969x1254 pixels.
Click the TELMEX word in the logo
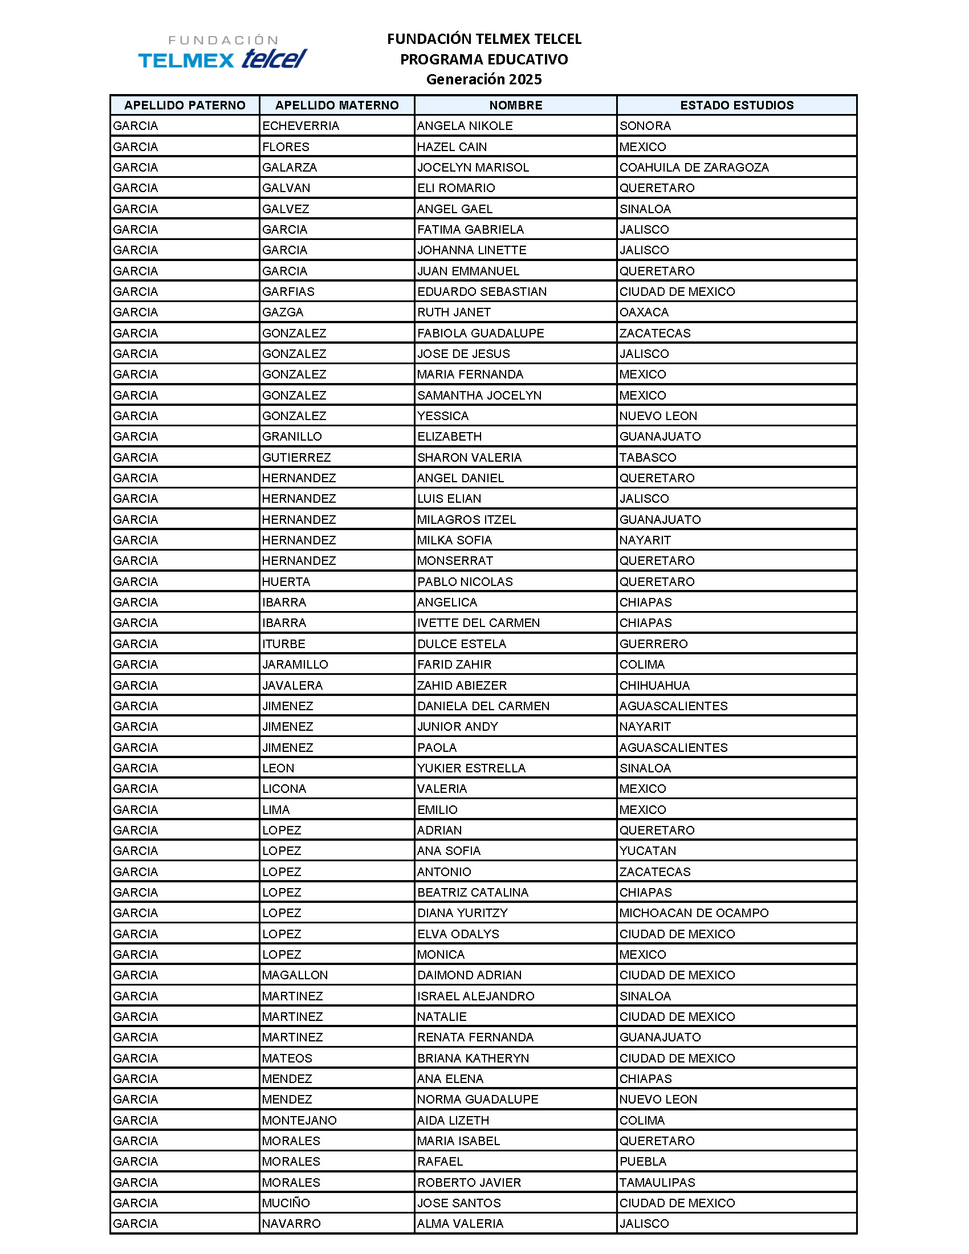[186, 60]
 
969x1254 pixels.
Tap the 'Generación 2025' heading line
[484, 79]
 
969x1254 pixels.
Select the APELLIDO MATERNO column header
[337, 105]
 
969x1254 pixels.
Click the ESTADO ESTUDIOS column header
[736, 105]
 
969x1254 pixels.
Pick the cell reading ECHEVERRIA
[301, 126]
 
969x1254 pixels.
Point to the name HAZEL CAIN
[452, 146]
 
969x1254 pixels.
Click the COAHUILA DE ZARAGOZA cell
[694, 167]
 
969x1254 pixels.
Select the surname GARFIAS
[288, 292]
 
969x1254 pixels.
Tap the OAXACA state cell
[644, 312]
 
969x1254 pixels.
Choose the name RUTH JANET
[454, 312]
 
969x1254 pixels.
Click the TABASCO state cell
[648, 458]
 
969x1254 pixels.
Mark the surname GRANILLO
[292, 437]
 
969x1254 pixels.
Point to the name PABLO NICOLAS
[465, 581]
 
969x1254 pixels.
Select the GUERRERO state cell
[653, 644]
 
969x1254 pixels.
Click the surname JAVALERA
[292, 686]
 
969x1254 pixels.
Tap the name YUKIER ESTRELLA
[471, 768]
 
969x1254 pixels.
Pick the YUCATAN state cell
[648, 851]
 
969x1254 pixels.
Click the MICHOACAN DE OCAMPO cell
[694, 913]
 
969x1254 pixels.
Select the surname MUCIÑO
[286, 1203]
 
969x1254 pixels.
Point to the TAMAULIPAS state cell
[657, 1182]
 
